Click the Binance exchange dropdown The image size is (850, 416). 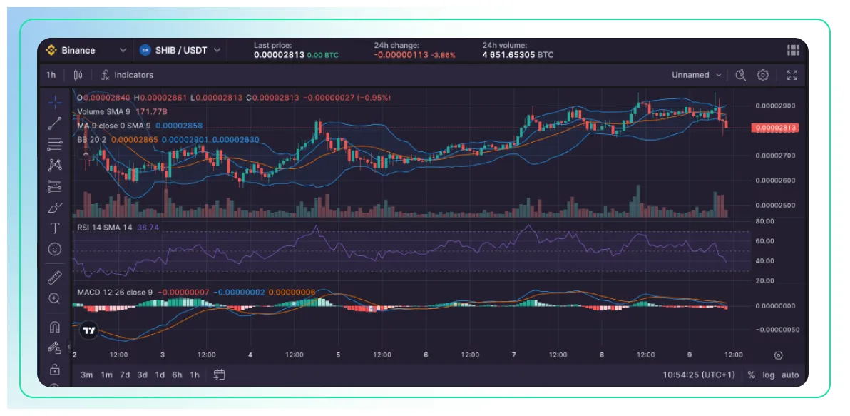(86, 50)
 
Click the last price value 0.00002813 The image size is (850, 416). (280, 55)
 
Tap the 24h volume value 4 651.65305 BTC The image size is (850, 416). (518, 55)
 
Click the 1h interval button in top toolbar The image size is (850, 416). (51, 75)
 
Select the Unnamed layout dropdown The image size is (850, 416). (695, 75)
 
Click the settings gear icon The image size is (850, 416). (763, 75)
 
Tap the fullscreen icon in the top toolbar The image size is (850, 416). (792, 75)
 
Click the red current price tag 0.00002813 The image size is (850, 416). (774, 128)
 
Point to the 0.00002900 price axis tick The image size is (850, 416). (774, 106)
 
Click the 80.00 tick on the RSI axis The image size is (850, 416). (764, 222)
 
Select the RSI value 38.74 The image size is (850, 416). (148, 228)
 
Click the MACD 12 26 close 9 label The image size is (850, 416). (114, 293)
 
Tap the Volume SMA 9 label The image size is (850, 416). (103, 111)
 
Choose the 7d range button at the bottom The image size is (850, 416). (125, 375)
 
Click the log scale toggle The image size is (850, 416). (768, 375)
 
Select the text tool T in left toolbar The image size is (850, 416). (54, 228)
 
